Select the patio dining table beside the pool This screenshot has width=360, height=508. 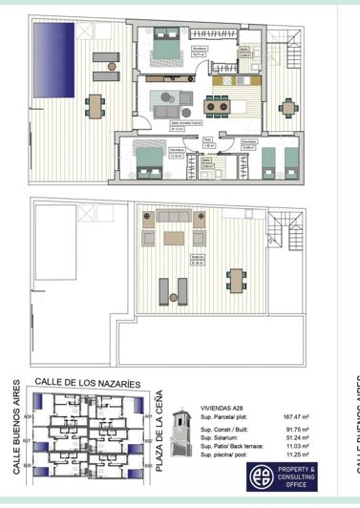click(x=93, y=104)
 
